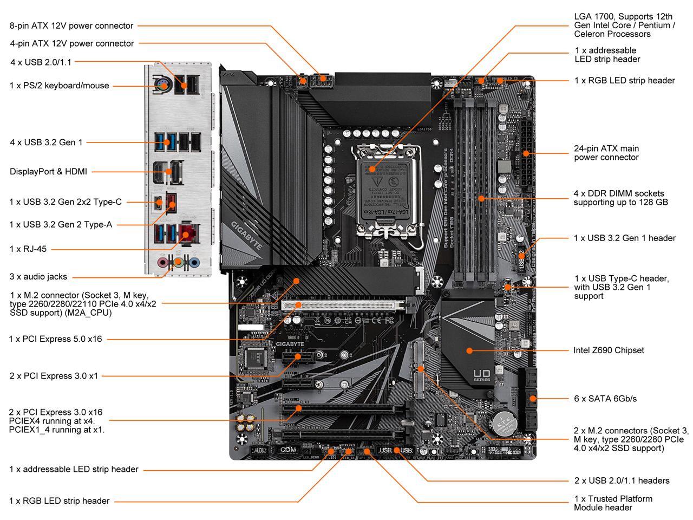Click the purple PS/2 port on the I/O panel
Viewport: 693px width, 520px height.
point(161,84)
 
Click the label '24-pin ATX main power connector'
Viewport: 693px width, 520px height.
point(606,153)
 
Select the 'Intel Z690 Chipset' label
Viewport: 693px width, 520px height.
point(609,350)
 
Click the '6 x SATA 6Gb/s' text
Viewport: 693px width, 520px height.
point(605,399)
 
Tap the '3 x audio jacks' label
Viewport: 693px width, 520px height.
point(38,277)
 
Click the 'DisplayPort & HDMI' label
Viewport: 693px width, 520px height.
point(48,172)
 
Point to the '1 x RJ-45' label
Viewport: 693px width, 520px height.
point(28,249)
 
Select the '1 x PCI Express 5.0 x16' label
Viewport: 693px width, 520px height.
point(55,339)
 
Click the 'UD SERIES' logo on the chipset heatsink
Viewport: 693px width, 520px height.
point(481,375)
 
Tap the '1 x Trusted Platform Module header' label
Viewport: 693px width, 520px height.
point(613,503)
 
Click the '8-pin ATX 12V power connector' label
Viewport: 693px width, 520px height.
point(71,25)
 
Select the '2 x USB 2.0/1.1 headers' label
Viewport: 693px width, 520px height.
point(622,480)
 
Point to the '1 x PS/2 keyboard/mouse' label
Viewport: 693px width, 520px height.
point(60,86)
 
